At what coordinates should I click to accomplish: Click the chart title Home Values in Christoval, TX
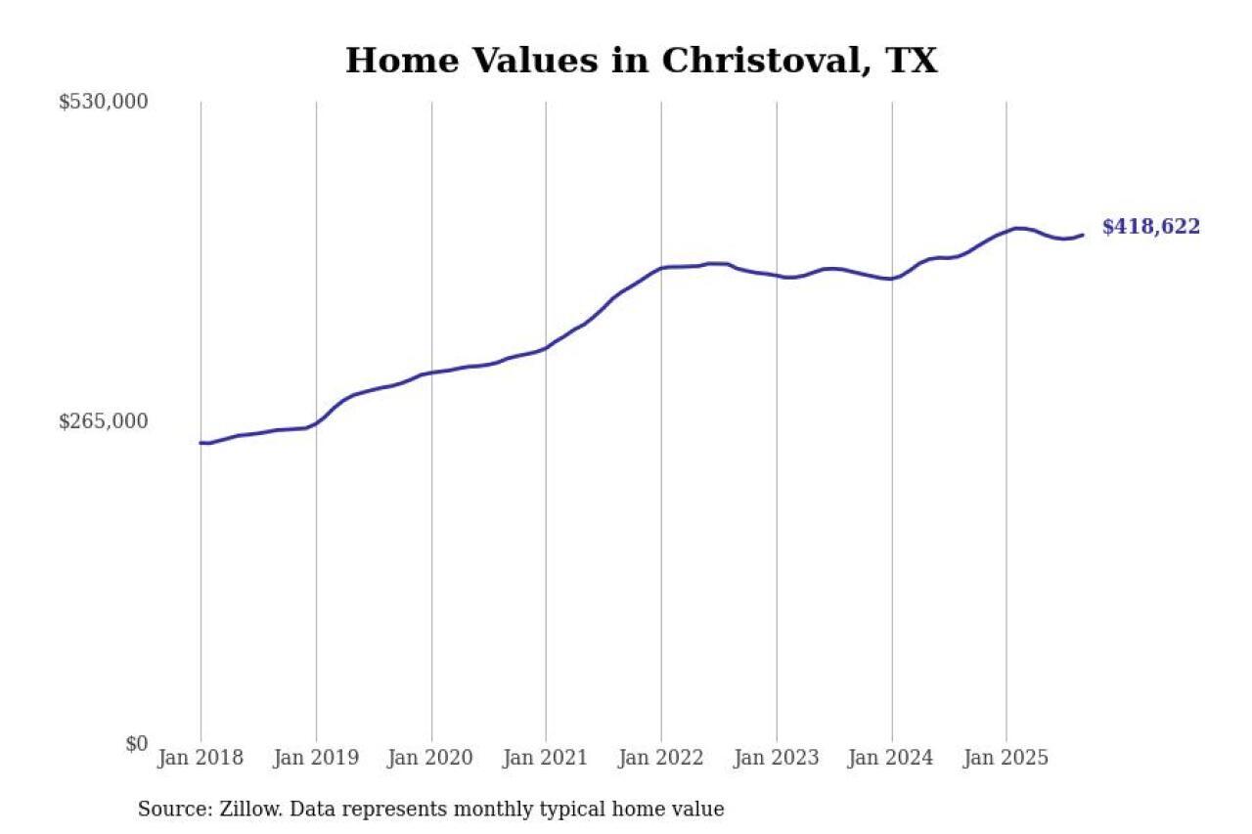tap(641, 61)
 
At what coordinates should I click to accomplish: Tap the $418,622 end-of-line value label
tap(1150, 227)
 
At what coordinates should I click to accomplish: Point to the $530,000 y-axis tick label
tap(103, 102)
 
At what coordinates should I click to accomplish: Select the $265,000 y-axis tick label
tap(103, 421)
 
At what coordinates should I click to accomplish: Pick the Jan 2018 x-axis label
tap(201, 758)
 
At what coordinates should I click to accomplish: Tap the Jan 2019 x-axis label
tap(316, 758)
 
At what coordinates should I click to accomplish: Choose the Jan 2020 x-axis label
tap(431, 758)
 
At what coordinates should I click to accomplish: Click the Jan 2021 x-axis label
tap(546, 758)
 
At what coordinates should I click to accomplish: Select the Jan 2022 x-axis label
tap(661, 758)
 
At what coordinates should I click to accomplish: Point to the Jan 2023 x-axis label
tap(777, 758)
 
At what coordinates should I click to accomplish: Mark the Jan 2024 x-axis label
tap(891, 758)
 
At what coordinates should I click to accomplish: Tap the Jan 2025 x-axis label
tap(1006, 758)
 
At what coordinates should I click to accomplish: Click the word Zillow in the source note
tap(238, 810)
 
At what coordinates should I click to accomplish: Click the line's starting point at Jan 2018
tap(201, 443)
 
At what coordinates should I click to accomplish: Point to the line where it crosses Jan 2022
tap(661, 268)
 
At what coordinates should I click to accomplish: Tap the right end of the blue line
tap(1082, 235)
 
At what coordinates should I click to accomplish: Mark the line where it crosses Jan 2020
tap(431, 373)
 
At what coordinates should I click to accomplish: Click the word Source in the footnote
tap(169, 810)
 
